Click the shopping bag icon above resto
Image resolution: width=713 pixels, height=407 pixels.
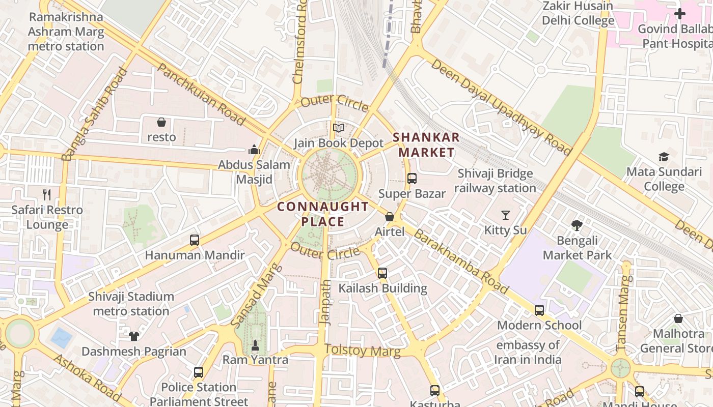point(161,122)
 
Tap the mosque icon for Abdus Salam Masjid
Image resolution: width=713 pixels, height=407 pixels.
point(254,150)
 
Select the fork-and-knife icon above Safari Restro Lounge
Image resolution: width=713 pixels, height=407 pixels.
point(47,194)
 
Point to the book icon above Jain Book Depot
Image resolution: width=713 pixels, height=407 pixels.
point(339,128)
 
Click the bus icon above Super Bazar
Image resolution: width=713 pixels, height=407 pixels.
point(412,179)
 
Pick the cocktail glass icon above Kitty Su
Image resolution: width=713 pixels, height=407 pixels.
point(506,215)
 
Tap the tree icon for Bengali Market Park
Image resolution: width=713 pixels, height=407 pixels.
point(577,225)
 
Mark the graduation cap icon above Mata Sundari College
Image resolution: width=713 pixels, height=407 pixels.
point(664,157)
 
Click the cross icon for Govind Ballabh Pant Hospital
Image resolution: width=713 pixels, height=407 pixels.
point(680,14)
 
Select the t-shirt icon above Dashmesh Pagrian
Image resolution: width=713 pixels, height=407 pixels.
point(134,336)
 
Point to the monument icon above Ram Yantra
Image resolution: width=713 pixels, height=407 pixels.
point(255,345)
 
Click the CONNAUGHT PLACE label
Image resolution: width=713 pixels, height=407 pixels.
point(323,214)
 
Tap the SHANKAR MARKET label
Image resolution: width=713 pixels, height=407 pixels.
point(426,145)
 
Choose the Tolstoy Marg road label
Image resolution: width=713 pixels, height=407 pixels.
point(362,351)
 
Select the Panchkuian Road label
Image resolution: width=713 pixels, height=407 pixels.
point(202,94)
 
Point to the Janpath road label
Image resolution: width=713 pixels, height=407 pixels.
point(325,301)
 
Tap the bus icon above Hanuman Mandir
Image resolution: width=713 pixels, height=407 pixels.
point(195,240)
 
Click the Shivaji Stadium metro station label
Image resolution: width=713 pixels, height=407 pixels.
point(131,304)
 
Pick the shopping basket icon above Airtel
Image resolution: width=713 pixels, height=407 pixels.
point(390,217)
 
